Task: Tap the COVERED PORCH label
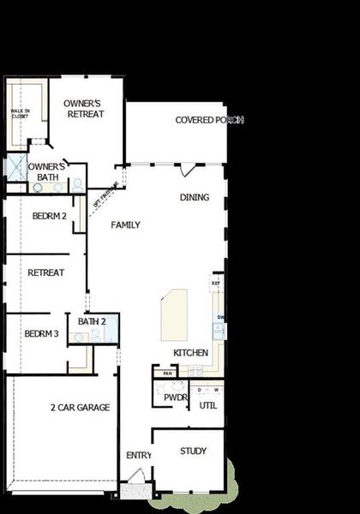coord(209,120)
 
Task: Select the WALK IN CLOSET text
coord(19,114)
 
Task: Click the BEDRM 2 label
coord(50,216)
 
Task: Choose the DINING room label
coord(195,197)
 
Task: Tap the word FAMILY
coord(125,224)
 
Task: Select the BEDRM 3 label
coord(41,333)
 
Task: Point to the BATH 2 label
coord(92,321)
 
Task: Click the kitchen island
coord(174,315)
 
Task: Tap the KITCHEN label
coord(190,353)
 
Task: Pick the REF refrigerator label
coord(217,283)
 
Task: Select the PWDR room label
coord(176,398)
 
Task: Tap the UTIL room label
coord(208,405)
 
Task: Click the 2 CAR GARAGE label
coord(80,408)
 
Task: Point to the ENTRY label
coord(139,455)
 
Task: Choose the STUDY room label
coord(192,451)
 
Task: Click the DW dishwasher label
coord(220,319)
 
